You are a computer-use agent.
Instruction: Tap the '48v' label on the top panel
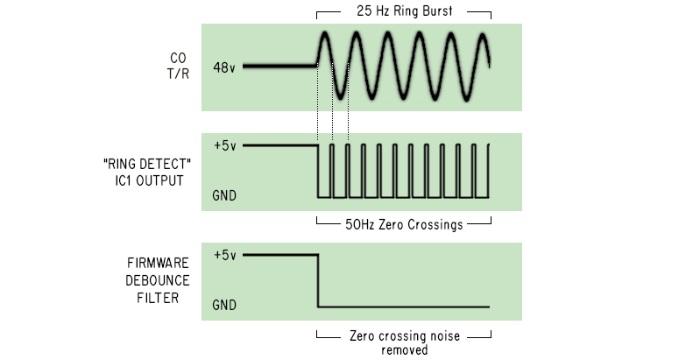coord(224,66)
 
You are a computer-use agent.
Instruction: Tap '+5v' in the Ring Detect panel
coord(224,145)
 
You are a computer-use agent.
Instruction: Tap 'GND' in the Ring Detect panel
coord(225,194)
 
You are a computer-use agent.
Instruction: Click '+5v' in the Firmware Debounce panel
coord(224,255)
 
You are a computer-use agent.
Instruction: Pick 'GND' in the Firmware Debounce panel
coord(225,306)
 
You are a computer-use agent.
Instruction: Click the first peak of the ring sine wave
coord(324,36)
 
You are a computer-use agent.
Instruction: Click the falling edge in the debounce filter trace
coord(317,280)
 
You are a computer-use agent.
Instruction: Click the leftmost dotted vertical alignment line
coord(316,123)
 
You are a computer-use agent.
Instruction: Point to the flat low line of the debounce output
coord(403,306)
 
